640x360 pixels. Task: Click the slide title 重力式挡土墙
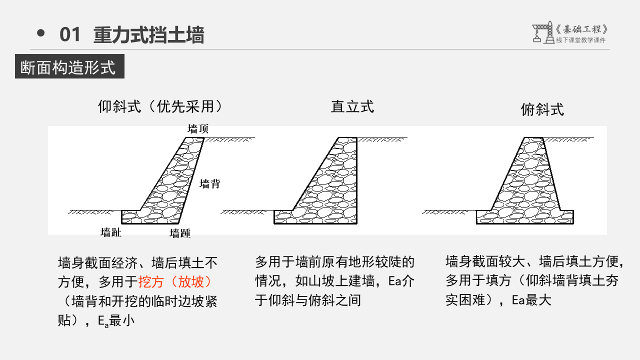[x=148, y=35]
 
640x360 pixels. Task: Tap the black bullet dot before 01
[x=41, y=33]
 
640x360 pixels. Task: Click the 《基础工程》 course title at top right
[x=581, y=29]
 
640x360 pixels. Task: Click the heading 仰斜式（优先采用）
[x=160, y=106]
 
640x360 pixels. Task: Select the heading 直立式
[x=352, y=106]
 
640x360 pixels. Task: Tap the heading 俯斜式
[x=542, y=109]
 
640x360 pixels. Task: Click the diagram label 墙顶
[x=198, y=129]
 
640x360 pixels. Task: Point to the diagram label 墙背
[x=210, y=184]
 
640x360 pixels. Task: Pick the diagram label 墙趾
[x=111, y=232]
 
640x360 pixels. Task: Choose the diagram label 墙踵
[x=180, y=233]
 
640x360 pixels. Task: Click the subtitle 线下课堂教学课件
[x=580, y=40]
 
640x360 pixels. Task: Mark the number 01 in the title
[x=70, y=35]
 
